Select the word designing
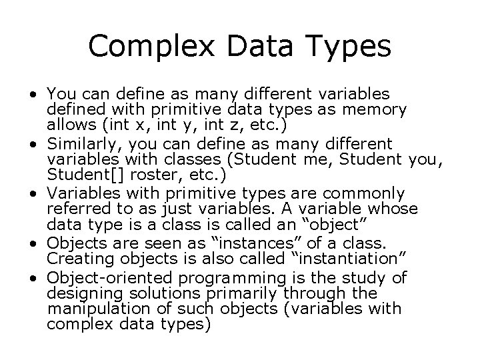tap(79, 293)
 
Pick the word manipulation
tap(89, 309)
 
